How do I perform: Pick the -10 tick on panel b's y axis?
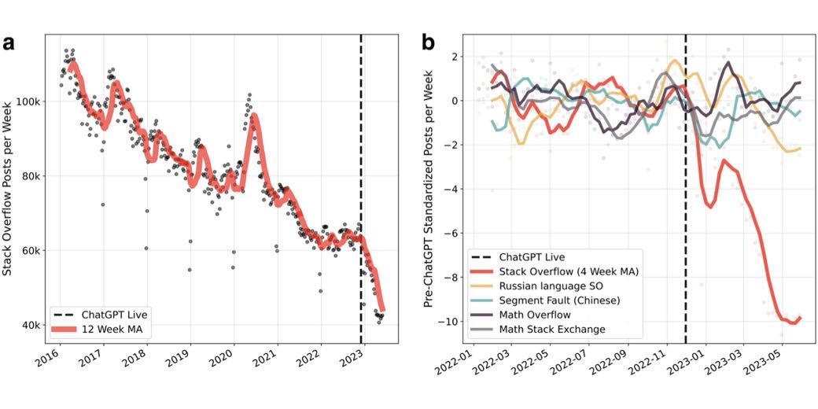[x=446, y=322]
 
